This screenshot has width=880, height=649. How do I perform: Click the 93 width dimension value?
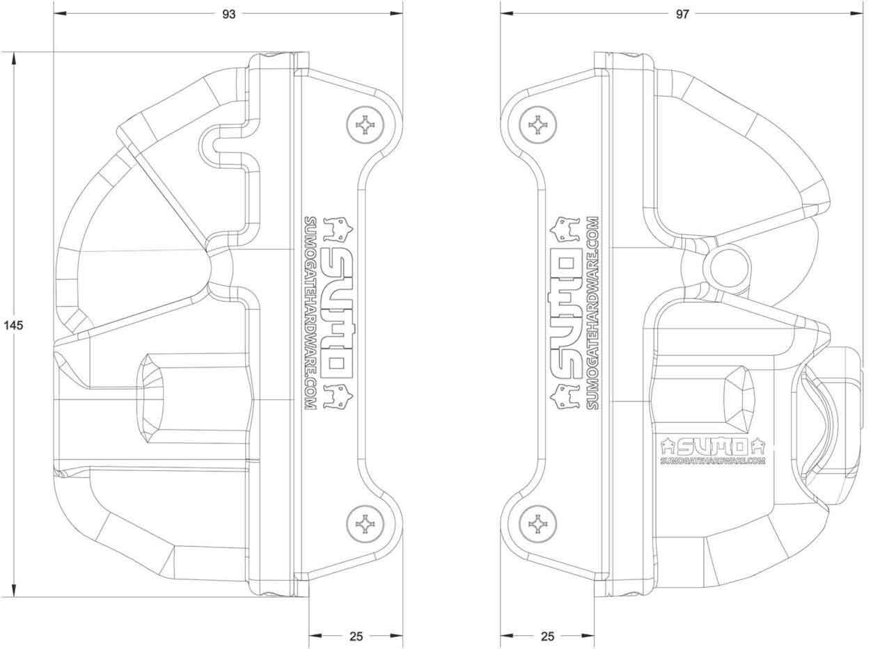click(x=228, y=14)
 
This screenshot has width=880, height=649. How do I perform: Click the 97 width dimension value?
click(x=682, y=14)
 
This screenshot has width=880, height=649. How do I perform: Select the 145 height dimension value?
click(x=13, y=325)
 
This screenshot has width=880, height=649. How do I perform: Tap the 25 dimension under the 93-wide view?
click(x=356, y=636)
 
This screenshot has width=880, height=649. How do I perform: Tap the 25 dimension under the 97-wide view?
click(x=547, y=636)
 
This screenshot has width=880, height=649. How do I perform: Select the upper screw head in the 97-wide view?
click(x=538, y=125)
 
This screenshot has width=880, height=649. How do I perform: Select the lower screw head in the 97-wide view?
click(x=538, y=522)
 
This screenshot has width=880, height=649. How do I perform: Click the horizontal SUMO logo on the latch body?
click(x=712, y=444)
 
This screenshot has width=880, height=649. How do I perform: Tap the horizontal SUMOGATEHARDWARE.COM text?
click(x=712, y=460)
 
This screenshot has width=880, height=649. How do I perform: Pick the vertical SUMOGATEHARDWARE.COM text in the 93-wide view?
click(x=311, y=312)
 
